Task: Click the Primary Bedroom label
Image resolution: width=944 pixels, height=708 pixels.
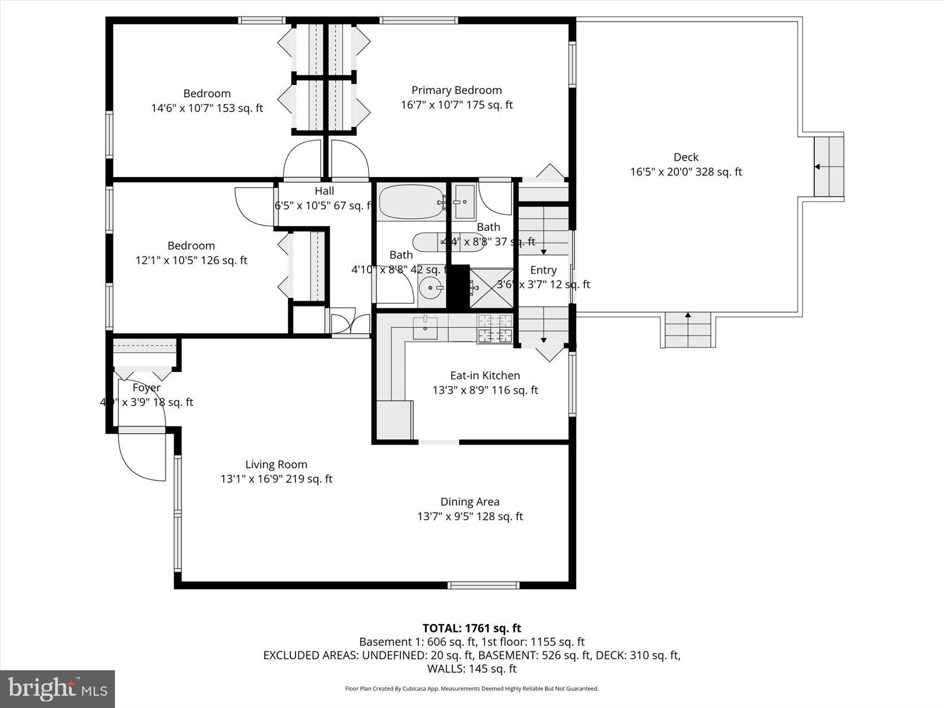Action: tap(456, 91)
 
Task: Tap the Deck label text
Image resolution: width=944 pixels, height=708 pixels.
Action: tap(686, 158)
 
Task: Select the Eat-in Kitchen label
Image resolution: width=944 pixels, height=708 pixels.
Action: tap(485, 376)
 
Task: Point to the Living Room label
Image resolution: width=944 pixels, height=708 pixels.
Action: tap(276, 465)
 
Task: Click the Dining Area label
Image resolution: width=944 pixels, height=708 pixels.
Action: tap(470, 502)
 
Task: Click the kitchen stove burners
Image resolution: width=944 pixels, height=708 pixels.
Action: tap(495, 328)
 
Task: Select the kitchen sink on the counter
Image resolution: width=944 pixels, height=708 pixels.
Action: tap(425, 327)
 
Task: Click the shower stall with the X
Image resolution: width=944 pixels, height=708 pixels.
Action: tap(491, 288)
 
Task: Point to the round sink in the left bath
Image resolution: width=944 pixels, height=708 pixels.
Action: tap(430, 288)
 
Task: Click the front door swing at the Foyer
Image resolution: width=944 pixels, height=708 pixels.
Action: tap(142, 455)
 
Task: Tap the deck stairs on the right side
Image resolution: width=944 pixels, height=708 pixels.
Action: tap(828, 167)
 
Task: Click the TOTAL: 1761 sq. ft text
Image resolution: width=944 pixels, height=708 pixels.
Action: tap(471, 628)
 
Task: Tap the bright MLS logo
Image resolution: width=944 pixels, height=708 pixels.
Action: tap(57, 689)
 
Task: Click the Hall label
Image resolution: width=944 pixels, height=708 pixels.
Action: tap(324, 191)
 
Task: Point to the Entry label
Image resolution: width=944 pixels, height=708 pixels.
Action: tap(543, 270)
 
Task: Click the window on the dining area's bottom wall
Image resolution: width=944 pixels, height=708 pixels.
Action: tap(483, 585)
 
